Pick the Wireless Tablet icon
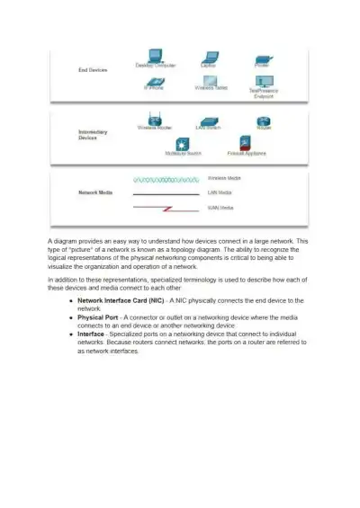point(210,80)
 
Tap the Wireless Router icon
point(154,119)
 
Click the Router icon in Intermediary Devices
point(264,120)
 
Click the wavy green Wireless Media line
point(166,180)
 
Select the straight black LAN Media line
point(166,193)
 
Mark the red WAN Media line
point(166,208)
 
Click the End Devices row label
point(94,69)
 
